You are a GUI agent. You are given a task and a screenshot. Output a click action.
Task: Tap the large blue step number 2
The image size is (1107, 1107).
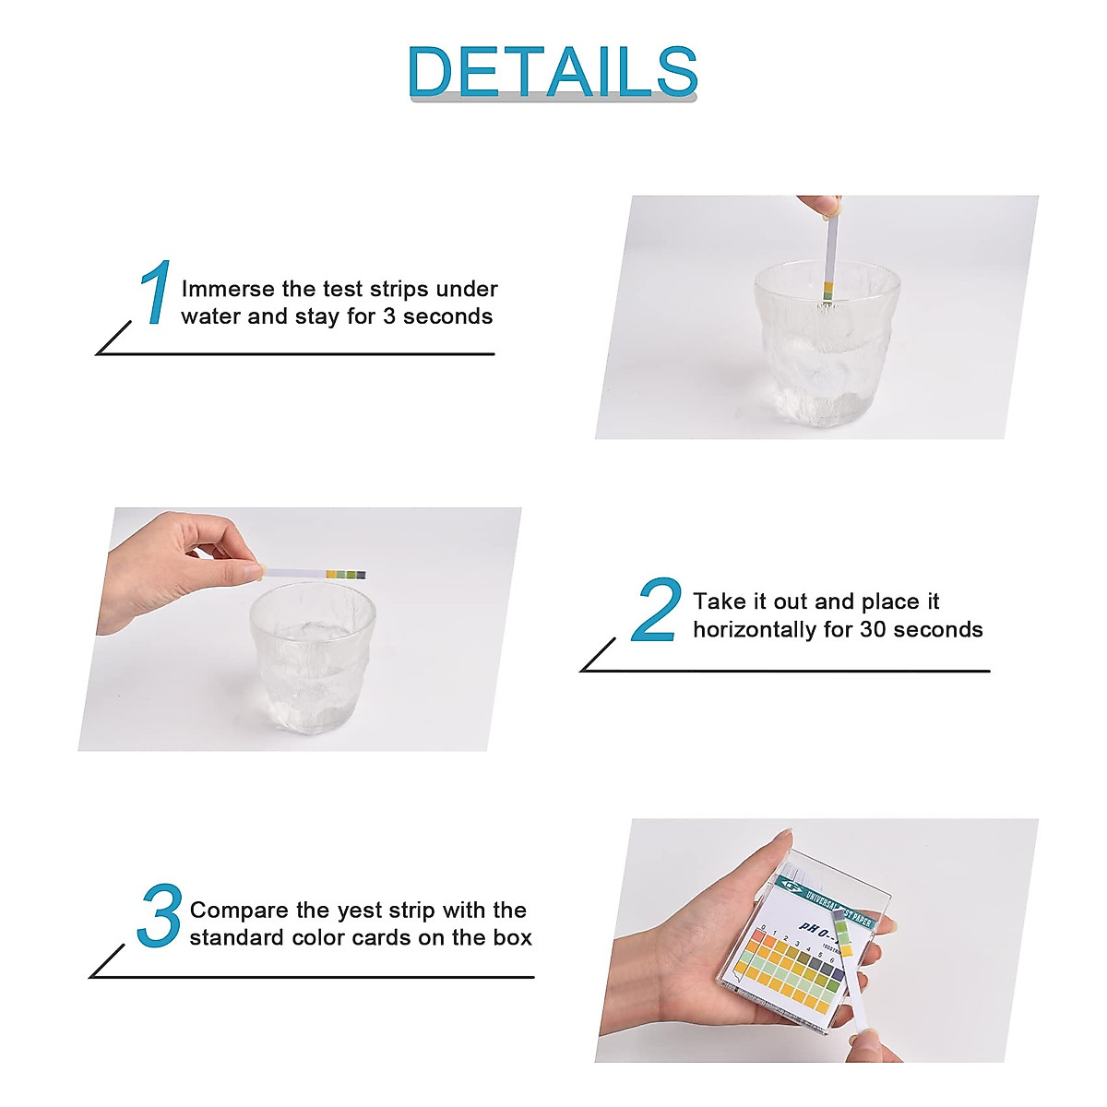pos(656,610)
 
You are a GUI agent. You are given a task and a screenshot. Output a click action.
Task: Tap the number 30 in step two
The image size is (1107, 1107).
pos(873,630)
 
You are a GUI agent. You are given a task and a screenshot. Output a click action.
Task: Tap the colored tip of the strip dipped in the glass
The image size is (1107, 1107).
pos(827,290)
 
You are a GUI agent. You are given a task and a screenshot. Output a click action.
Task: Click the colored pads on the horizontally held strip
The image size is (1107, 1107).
pos(346,575)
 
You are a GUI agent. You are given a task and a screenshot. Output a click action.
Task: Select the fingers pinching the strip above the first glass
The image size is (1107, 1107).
pos(817,206)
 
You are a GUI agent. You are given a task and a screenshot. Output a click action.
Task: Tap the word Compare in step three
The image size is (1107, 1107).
pos(238,911)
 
